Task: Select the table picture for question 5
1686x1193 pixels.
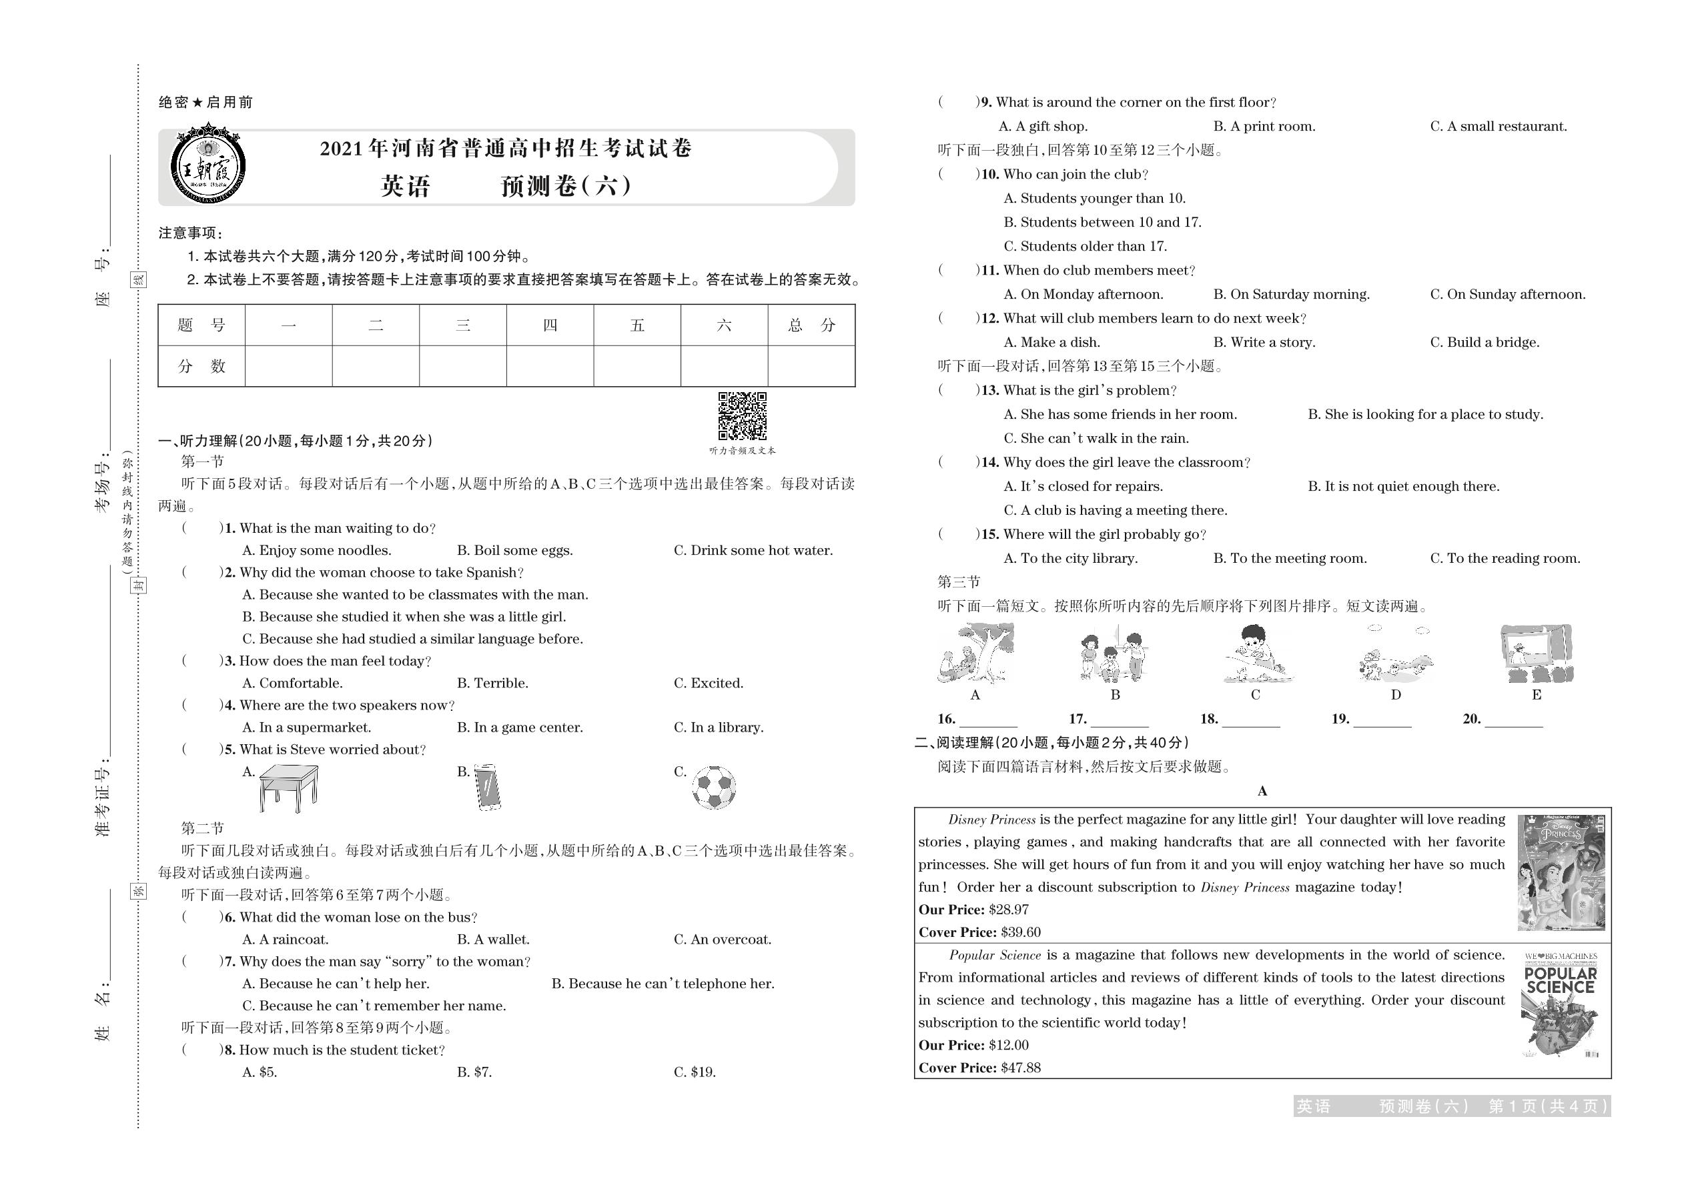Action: coord(289,788)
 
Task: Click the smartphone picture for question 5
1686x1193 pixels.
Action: coord(487,787)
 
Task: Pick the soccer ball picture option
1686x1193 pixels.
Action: coord(714,788)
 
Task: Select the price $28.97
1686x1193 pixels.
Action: coord(1008,910)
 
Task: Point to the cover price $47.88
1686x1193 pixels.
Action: coord(1021,1068)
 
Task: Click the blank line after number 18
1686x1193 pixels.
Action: coord(1250,720)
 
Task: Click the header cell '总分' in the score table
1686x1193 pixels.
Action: coord(811,325)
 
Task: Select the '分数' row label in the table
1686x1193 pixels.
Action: coord(201,366)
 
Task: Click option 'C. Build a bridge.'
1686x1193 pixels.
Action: coord(1485,342)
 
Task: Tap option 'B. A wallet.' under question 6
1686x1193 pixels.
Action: coord(493,940)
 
